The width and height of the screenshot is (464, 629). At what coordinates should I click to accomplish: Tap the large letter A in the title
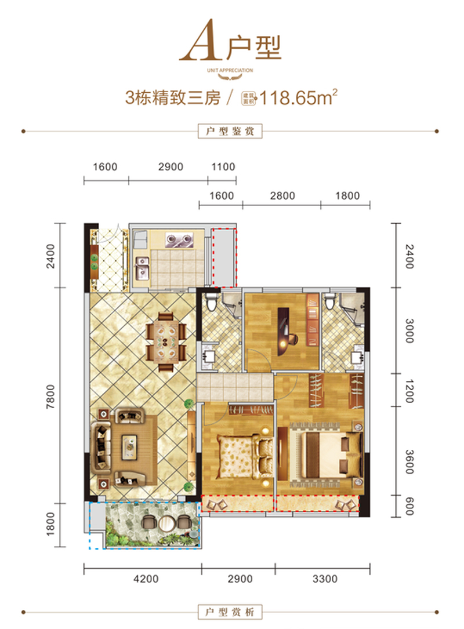(201, 46)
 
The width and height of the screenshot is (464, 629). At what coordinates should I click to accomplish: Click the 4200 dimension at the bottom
(142, 579)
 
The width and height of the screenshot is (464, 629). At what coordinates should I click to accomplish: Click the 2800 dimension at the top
(281, 196)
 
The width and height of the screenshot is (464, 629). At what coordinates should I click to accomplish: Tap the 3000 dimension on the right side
(409, 330)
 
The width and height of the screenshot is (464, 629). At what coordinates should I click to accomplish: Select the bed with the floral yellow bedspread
(242, 456)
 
